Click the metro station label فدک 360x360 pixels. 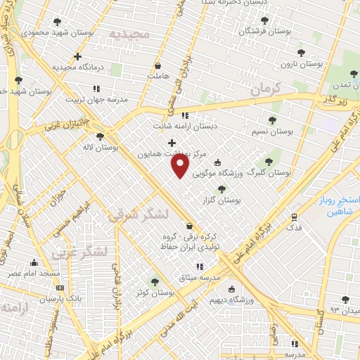295,228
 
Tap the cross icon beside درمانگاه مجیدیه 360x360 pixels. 77,56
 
